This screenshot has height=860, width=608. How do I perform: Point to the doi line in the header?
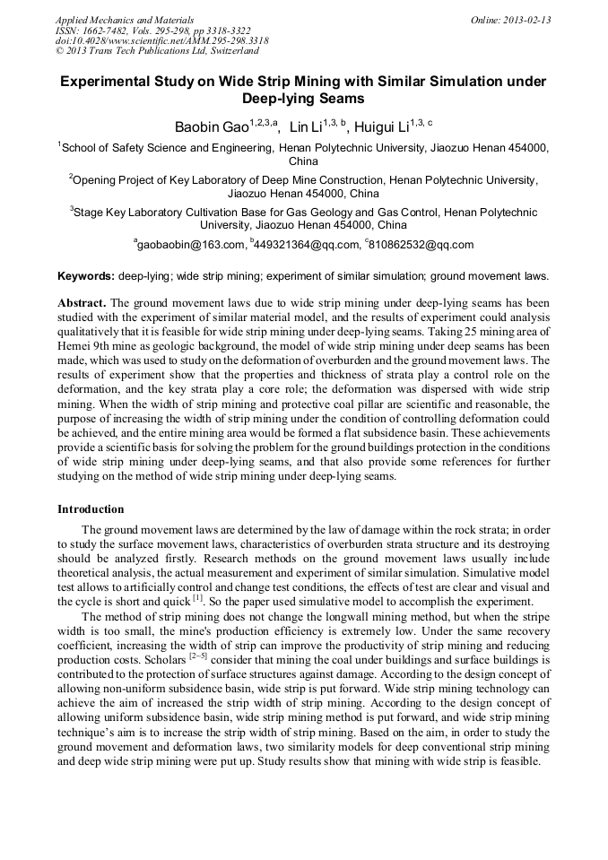[161, 40]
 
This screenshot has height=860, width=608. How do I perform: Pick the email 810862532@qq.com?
[421, 245]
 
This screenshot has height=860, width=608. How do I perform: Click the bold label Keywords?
[86, 276]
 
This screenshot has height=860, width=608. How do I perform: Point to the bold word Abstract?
[82, 303]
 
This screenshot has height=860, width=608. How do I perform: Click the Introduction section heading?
[91, 509]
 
